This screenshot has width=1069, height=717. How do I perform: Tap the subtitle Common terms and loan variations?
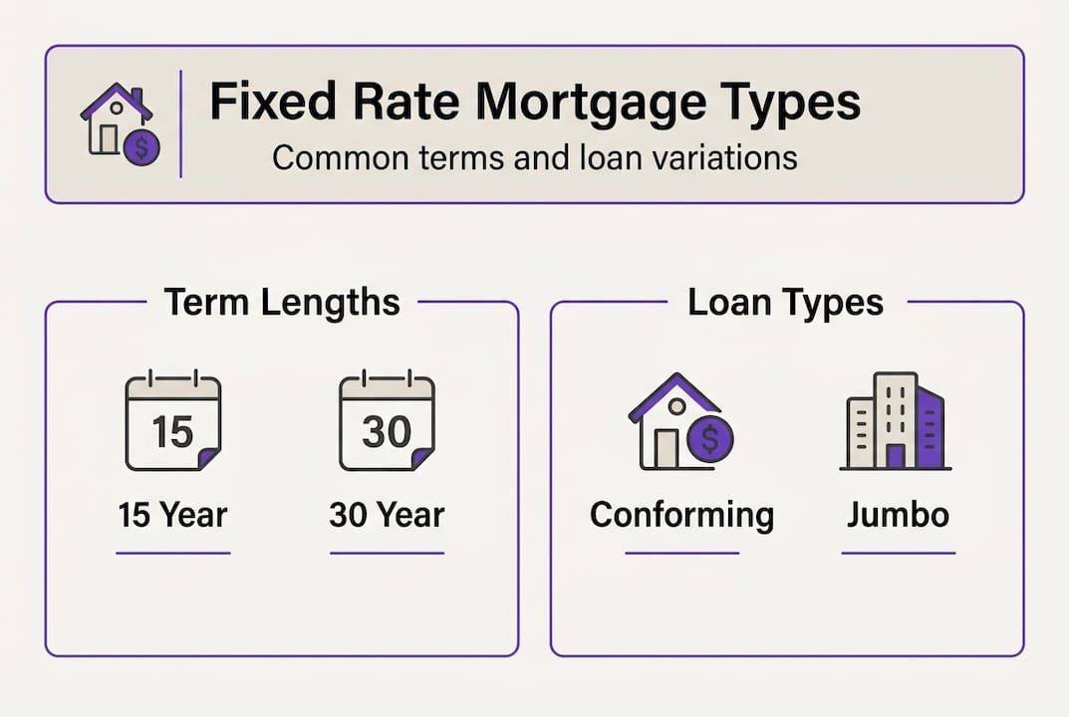click(x=534, y=157)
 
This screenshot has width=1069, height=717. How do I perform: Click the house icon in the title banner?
click(x=119, y=123)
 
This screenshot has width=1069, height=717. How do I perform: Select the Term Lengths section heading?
click(x=282, y=302)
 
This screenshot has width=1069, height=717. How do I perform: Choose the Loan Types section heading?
click(x=785, y=302)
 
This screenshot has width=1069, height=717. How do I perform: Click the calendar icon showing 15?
click(x=172, y=422)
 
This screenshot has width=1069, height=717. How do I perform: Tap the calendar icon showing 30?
click(x=387, y=422)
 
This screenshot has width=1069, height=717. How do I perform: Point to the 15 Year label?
click(x=172, y=515)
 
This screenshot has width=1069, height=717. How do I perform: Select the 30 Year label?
click(x=387, y=515)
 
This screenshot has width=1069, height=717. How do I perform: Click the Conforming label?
click(x=681, y=515)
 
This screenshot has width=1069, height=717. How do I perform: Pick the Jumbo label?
click(x=898, y=515)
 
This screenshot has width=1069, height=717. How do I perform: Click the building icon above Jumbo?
click(x=896, y=421)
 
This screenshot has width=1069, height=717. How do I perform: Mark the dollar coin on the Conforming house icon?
click(x=710, y=437)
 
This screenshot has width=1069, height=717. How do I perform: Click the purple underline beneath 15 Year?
click(x=172, y=553)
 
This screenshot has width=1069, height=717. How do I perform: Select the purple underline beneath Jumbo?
click(x=898, y=553)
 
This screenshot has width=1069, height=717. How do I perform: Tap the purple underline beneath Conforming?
click(x=681, y=553)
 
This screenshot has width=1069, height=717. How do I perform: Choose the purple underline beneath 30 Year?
click(x=387, y=553)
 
